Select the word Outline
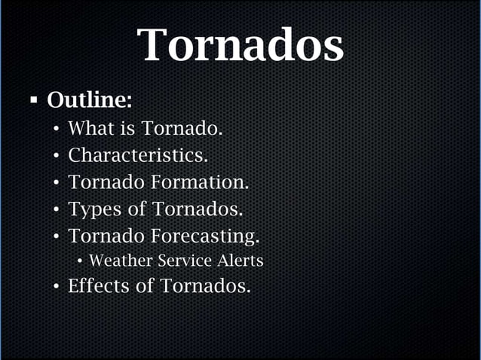(89, 100)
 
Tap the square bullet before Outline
(33, 99)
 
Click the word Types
(94, 209)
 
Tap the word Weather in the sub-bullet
(118, 261)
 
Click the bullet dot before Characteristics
(57, 157)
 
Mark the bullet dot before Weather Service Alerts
(80, 262)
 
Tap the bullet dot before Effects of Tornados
(57, 287)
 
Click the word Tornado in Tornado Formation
(106, 182)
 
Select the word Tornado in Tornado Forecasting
(106, 236)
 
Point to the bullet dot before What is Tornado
(57, 130)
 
